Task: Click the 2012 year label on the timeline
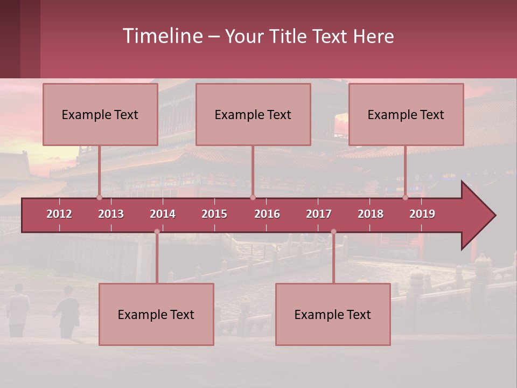pos(59,214)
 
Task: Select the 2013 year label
pos(111,214)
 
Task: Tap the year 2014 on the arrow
pos(163,214)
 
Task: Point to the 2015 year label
pos(214,214)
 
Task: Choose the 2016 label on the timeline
pos(267,214)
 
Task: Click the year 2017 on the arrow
pos(319,214)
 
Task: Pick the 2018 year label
pos(371,214)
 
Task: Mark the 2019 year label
pos(422,214)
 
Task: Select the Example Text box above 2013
pos(100,115)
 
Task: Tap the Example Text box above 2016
pos(253,115)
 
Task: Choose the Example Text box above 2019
pos(406,115)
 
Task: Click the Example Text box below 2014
pos(156,315)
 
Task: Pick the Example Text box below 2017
pos(333,315)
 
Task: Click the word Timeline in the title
pos(162,36)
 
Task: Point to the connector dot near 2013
pos(100,197)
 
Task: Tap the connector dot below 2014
pos(157,232)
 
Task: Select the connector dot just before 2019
pos(406,197)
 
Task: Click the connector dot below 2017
pos(333,232)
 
